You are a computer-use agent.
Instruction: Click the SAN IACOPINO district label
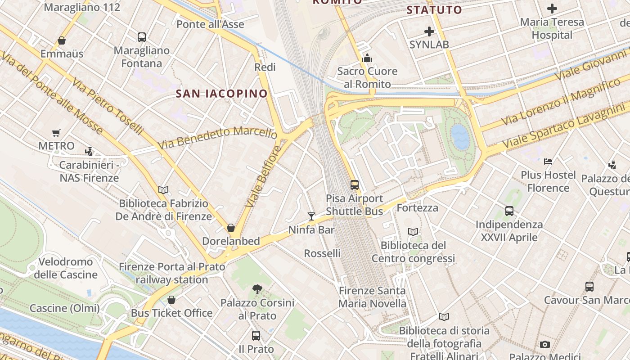(221, 94)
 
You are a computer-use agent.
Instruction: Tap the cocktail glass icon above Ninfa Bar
(311, 216)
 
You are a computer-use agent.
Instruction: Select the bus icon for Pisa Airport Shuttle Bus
(355, 184)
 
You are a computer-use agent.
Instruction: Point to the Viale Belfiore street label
(263, 176)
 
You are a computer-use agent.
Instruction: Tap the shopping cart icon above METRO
(56, 133)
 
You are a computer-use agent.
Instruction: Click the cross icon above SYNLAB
(429, 31)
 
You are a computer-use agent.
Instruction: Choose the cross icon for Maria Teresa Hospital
(552, 8)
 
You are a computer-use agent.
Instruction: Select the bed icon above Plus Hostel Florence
(548, 161)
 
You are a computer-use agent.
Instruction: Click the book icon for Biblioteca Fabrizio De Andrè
(163, 190)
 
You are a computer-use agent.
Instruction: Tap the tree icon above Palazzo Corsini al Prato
(257, 289)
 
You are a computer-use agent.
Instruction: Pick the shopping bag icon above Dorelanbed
(231, 228)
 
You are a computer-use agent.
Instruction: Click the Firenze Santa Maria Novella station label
(372, 297)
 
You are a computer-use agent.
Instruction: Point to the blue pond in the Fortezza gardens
(460, 137)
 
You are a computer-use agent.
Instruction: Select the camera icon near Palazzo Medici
(545, 345)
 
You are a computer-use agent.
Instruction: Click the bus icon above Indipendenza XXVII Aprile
(509, 211)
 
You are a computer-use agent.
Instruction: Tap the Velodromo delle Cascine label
(66, 268)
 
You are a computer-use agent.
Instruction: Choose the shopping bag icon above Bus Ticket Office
(171, 300)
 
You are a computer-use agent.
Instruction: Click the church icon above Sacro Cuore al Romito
(367, 58)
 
